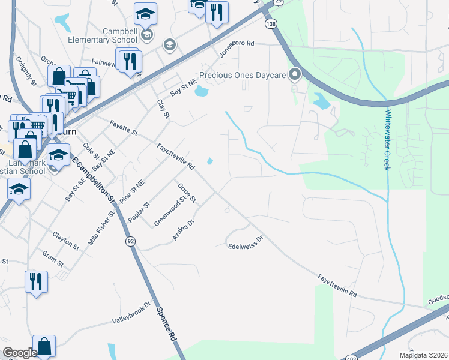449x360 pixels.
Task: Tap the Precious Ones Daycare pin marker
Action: (x=295, y=75)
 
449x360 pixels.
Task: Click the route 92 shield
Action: (x=130, y=241)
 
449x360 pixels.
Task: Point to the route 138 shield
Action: (x=271, y=23)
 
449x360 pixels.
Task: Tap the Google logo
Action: (x=20, y=353)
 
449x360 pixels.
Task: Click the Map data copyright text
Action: (x=423, y=355)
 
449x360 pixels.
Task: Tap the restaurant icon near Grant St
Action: (x=36, y=281)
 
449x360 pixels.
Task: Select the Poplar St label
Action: (x=139, y=211)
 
